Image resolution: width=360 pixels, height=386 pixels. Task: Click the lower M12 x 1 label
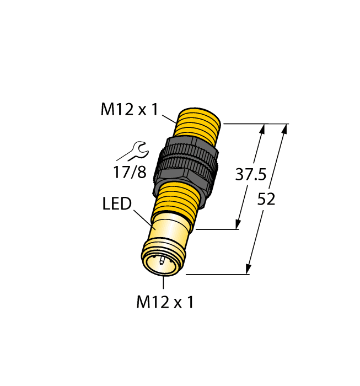click(165, 302)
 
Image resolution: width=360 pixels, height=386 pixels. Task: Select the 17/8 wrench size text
click(130, 173)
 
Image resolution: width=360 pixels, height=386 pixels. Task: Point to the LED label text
click(117, 205)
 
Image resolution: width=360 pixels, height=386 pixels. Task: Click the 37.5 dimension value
click(251, 175)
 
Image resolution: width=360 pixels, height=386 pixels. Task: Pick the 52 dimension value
click(266, 200)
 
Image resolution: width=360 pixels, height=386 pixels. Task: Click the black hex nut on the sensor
click(186, 165)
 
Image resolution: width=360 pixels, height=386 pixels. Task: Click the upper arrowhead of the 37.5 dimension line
click(262, 129)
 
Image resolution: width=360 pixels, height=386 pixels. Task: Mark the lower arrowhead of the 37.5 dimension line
click(239, 223)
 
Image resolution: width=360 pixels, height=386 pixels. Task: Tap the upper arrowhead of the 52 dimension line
click(284, 129)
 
